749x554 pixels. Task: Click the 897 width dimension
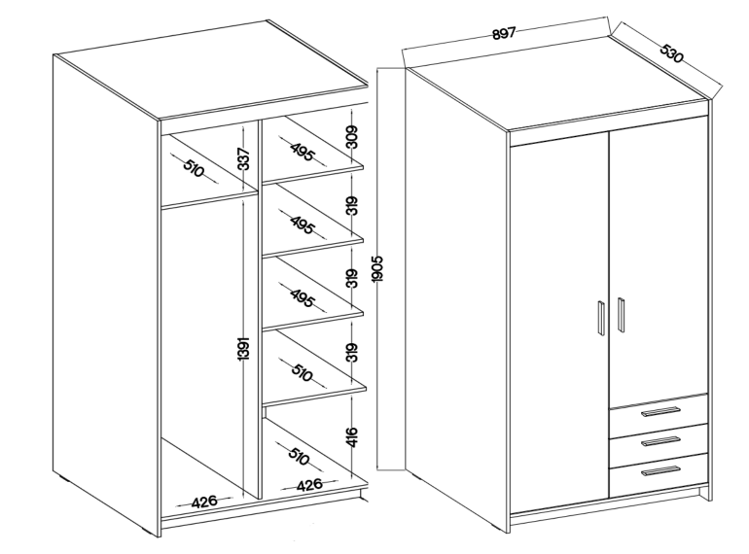504,33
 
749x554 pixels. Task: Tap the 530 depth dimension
671,53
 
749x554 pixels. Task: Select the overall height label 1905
377,268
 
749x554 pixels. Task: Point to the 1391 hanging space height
243,349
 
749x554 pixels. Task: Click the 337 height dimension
243,158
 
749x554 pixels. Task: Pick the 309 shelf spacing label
352,137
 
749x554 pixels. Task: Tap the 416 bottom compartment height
352,437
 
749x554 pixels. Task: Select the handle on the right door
621,315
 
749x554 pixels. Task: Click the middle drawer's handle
661,441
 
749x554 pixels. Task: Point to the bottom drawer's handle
661,471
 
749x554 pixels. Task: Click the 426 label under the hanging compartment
204,502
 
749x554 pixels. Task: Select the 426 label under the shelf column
309,486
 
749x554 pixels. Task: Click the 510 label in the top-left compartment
194,168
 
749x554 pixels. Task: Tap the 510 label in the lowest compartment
299,456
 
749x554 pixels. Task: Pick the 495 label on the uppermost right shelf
303,152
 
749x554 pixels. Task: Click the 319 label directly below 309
352,206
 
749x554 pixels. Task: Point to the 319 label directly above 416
352,353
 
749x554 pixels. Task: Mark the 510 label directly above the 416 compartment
302,372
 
